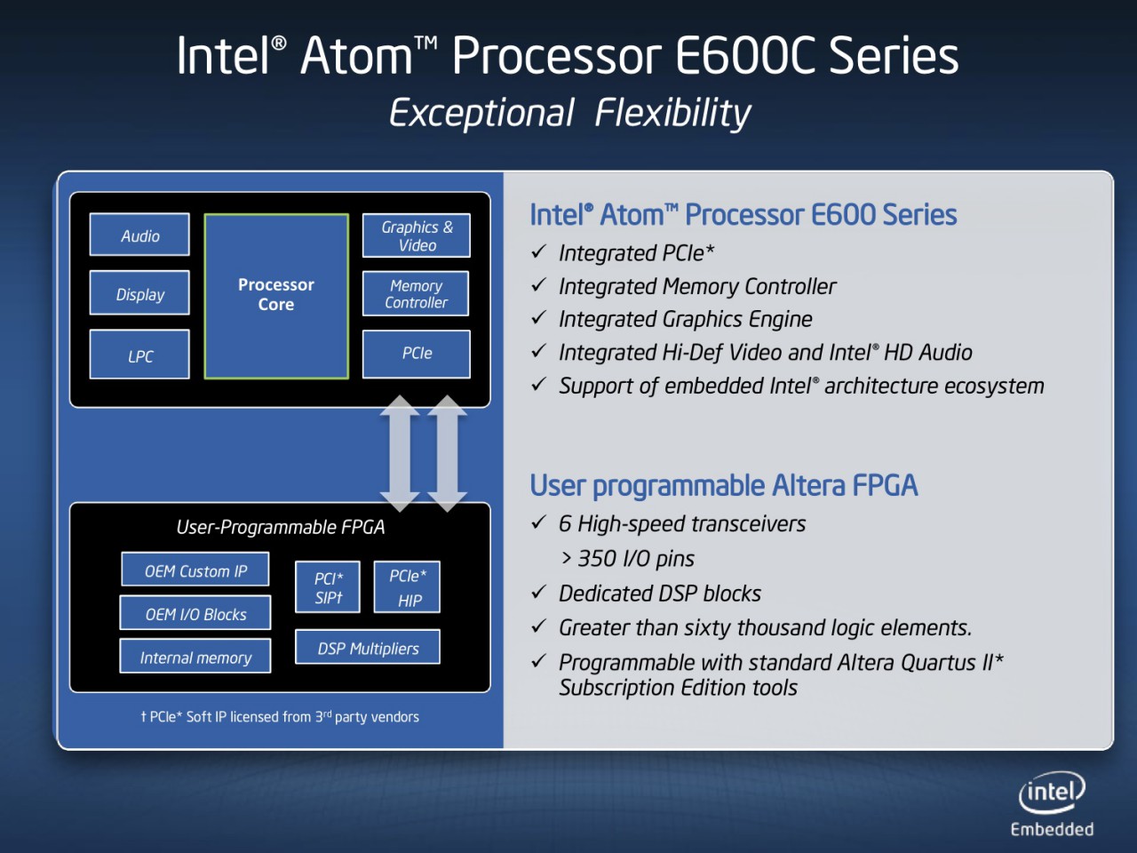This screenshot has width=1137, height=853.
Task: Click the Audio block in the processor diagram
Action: (139, 235)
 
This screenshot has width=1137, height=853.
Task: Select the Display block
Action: (139, 294)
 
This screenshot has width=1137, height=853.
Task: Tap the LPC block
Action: (139, 355)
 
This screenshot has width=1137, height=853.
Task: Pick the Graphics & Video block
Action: (416, 235)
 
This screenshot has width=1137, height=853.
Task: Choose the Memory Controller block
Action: (416, 294)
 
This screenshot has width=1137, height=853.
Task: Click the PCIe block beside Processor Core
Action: (416, 354)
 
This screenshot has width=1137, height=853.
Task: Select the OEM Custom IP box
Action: (195, 570)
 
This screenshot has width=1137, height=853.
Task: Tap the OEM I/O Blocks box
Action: (195, 614)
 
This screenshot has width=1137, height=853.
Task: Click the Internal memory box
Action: (195, 658)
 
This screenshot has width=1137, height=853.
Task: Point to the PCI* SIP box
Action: (328, 587)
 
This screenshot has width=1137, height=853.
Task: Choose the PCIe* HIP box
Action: (408, 587)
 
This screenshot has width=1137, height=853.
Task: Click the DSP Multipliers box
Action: (368, 649)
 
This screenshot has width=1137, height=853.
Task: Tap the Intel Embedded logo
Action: (1052, 804)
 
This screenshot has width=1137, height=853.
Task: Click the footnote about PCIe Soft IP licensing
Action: (280, 717)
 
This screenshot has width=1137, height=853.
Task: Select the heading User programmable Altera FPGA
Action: (723, 486)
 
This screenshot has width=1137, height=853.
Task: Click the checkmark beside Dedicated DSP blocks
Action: (538, 593)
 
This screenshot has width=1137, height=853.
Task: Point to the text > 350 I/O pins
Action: (628, 559)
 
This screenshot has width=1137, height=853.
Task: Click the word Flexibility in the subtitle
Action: (672, 114)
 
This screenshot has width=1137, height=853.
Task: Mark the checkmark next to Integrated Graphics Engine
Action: (538, 318)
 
